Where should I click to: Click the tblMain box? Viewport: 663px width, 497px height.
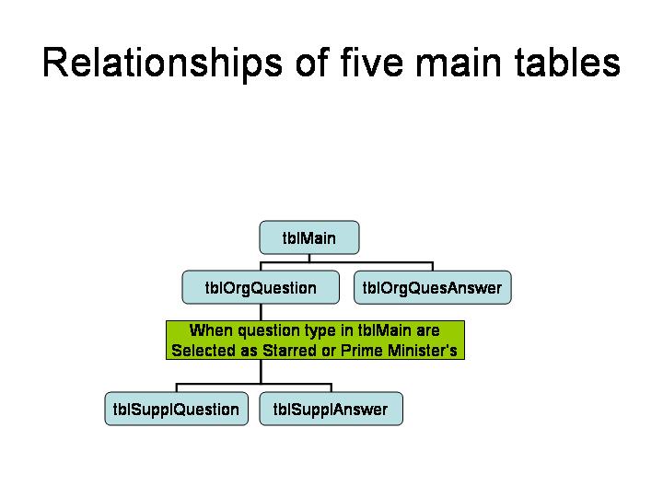(309, 237)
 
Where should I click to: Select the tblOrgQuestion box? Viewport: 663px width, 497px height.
(261, 287)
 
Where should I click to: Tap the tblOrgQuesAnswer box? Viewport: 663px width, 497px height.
(432, 287)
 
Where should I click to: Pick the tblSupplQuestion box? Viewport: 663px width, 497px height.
(176, 409)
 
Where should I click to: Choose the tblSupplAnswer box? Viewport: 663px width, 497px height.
(331, 409)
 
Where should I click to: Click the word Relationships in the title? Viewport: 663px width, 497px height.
(162, 64)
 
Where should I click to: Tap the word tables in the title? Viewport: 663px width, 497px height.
(567, 63)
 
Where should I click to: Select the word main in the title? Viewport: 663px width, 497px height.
(459, 63)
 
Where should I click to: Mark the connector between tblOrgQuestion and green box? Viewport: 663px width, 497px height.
(261, 312)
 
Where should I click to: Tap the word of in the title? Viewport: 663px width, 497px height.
(312, 63)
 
